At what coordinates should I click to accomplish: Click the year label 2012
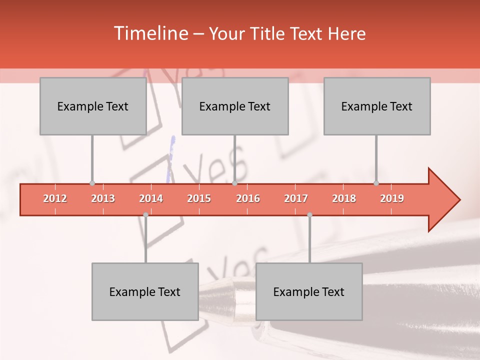[55, 198]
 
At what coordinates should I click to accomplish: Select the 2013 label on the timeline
[103, 198]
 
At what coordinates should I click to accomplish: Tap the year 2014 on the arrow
[151, 198]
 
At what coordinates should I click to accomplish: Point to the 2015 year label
[199, 198]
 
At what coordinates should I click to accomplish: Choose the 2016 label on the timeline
[248, 198]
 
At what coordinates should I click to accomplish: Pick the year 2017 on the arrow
[296, 198]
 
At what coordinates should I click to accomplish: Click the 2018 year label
[344, 198]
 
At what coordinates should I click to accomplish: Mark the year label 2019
[392, 198]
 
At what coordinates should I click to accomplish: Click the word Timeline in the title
[150, 33]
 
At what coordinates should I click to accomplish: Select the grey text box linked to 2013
[93, 106]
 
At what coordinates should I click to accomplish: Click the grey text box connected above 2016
[235, 106]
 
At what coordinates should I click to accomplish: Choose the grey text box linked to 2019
[377, 106]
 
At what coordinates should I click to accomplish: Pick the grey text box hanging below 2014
[145, 291]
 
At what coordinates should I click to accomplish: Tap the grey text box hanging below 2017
[309, 291]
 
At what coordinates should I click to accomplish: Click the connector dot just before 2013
[92, 183]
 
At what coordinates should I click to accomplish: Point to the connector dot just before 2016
[234, 183]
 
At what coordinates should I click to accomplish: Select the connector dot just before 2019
[376, 183]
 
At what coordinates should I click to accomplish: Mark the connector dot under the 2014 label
[145, 214]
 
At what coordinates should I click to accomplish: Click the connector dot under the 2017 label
[309, 214]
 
